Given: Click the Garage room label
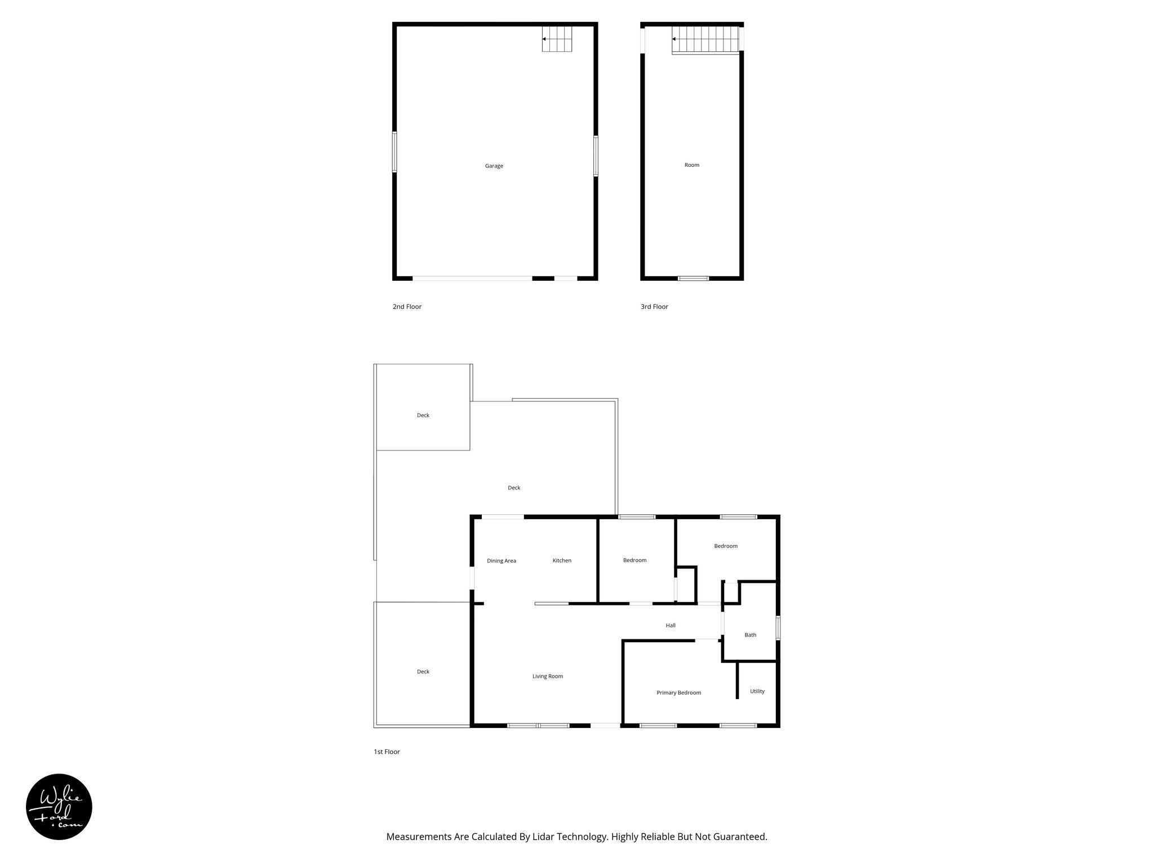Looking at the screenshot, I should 494,166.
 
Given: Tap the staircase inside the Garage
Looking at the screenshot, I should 557,39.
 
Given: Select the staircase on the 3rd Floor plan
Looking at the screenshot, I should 705,39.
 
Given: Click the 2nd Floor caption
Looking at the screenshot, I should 407,307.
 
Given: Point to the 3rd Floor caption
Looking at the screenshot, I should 654,307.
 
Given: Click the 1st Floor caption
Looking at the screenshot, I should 387,752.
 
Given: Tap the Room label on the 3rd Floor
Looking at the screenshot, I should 691,165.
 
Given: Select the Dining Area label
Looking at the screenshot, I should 501,560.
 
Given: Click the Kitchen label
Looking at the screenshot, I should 562,560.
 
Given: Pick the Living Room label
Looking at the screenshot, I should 548,676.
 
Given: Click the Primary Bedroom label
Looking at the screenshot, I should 678,692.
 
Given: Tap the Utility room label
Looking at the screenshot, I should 757,691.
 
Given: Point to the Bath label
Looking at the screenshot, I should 750,635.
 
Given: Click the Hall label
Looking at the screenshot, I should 671,625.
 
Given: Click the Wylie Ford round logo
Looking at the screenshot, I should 59,807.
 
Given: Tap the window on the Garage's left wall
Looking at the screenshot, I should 394,152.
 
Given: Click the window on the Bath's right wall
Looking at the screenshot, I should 778,628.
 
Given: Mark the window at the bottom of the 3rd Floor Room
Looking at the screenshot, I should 693,278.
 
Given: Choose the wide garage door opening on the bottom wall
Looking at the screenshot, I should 472,278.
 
